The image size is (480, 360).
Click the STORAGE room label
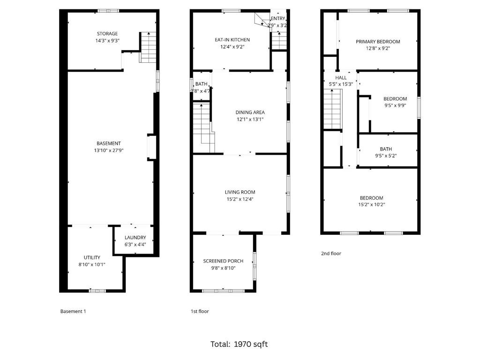[107, 34]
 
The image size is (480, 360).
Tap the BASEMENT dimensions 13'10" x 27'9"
[109, 150]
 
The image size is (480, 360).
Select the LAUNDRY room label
[135, 238]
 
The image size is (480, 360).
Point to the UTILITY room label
[92, 257]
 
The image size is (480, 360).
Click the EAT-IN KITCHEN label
[232, 40]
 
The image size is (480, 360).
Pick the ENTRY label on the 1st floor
[277, 19]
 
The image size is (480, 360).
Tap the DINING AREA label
[250, 112]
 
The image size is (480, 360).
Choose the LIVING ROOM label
[240, 192]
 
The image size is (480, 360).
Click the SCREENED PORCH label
[223, 261]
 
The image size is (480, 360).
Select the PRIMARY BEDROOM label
[378, 42]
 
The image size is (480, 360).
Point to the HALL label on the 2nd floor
[341, 78]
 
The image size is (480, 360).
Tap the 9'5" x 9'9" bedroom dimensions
[395, 106]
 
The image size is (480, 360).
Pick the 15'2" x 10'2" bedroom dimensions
[371, 205]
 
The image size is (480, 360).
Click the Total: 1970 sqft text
[239, 344]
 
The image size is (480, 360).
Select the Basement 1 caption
[73, 311]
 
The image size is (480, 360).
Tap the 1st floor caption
[200, 311]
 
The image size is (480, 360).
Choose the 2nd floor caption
[331, 254]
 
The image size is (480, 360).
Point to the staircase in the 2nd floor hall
[332, 109]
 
